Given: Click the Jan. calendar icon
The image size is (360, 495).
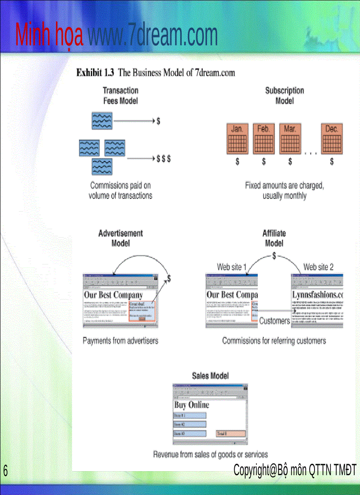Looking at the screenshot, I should (237, 138).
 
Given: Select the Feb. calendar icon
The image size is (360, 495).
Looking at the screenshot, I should (263, 138).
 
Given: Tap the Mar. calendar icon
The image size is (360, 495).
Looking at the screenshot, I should (290, 138).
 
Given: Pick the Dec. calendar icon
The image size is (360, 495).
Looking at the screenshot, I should (331, 138).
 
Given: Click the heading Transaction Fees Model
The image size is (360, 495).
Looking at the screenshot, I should (120, 96).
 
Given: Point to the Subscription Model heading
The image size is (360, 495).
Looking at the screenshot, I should (285, 96).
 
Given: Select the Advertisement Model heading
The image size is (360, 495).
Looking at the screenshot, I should (120, 238).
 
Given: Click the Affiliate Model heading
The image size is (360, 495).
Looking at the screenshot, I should (274, 238).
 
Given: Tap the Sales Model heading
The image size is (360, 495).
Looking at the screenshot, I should (210, 376).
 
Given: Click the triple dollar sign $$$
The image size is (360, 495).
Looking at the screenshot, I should (164, 159).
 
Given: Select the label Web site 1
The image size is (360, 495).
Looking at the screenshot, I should (232, 267).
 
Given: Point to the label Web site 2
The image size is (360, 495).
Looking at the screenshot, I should (319, 267).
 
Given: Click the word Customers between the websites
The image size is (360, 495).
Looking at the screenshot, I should (274, 321).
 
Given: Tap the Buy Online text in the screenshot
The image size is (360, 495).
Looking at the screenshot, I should (192, 405).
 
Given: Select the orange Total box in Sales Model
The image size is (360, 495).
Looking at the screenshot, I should (231, 434).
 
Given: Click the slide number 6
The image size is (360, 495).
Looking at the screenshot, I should (5, 470).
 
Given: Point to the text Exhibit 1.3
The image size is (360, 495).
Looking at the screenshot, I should (95, 73).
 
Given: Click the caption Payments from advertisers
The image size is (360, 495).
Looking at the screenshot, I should (120, 341).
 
